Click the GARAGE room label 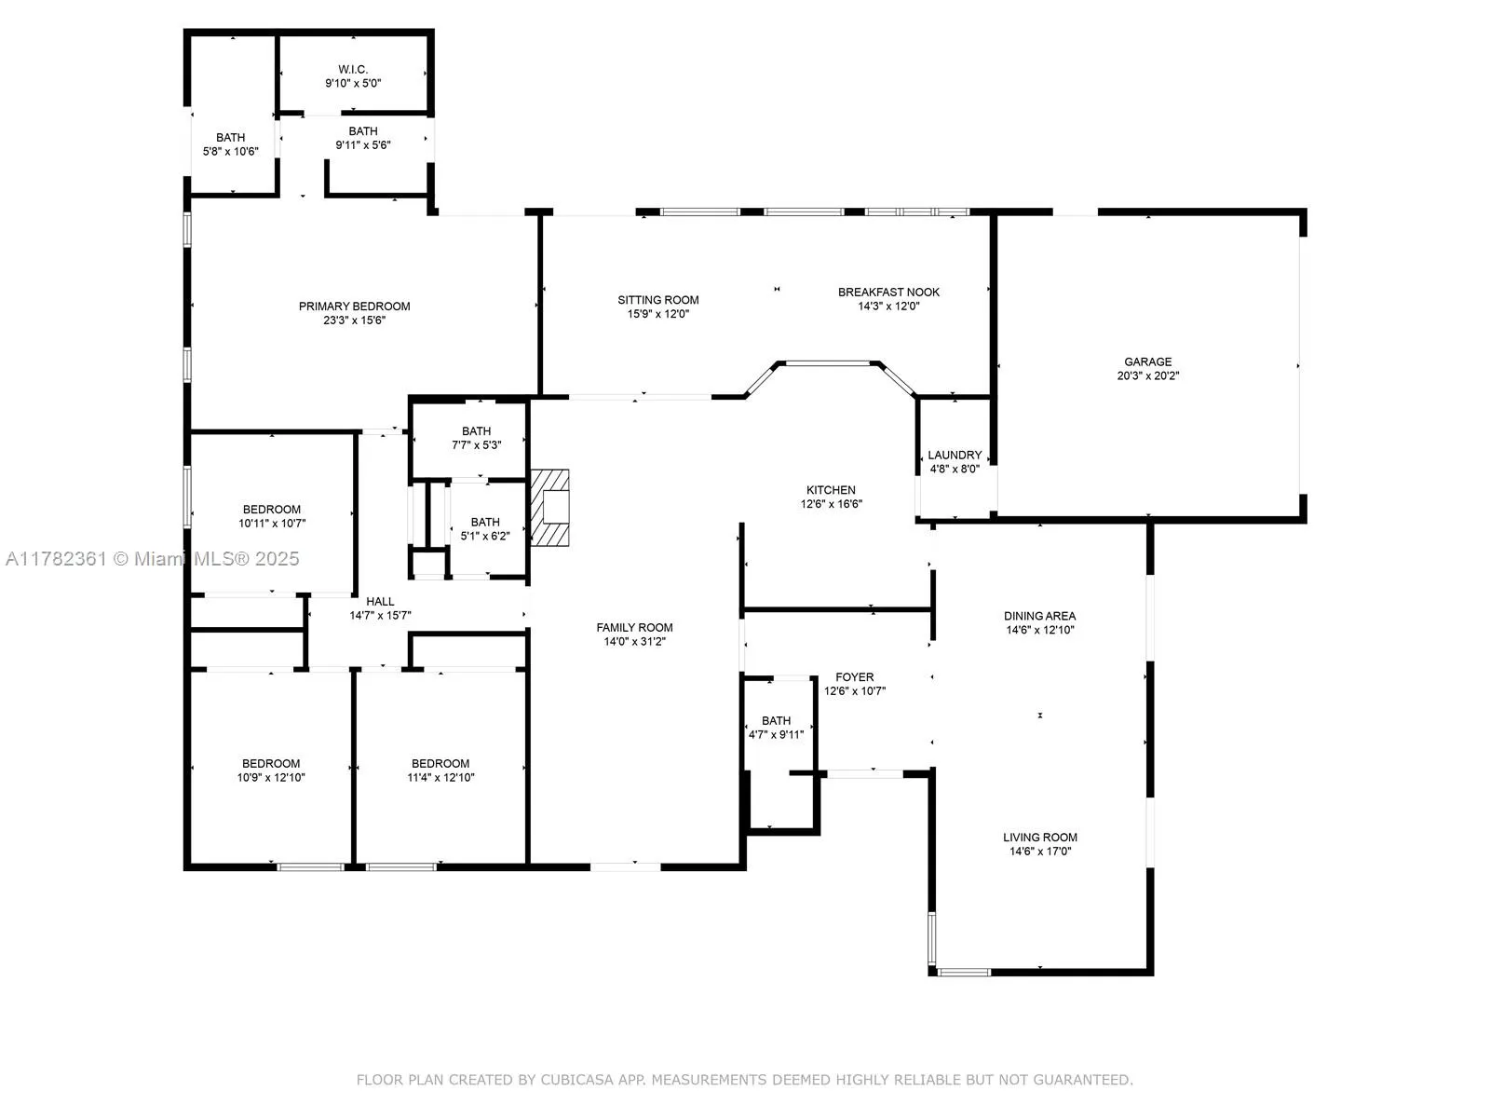click(1147, 361)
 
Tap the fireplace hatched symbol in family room click(549, 508)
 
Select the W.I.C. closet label click(353, 69)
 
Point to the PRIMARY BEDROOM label click(354, 306)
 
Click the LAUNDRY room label click(955, 455)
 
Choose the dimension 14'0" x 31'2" click(635, 642)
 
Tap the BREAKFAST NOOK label click(888, 292)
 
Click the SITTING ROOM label click(657, 299)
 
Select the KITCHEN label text click(831, 489)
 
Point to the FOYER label click(854, 676)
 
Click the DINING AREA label click(1039, 615)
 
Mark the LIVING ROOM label click(1039, 837)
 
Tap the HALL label click(380, 601)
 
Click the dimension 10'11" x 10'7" click(272, 524)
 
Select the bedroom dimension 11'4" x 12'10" click(440, 777)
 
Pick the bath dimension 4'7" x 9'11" click(776, 734)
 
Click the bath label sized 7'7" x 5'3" click(476, 430)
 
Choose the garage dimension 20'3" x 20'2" click(1147, 376)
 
